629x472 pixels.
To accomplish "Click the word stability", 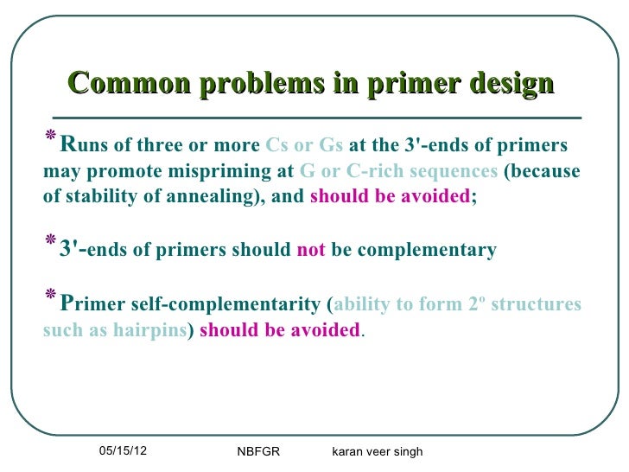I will (90, 195).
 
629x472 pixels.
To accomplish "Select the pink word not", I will (310, 251).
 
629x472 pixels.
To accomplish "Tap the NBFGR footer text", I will (258, 451).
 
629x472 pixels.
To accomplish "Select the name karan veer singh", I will (377, 451).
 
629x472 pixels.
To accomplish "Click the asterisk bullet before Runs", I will (49, 139).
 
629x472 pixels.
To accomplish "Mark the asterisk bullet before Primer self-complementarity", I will (49, 300).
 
